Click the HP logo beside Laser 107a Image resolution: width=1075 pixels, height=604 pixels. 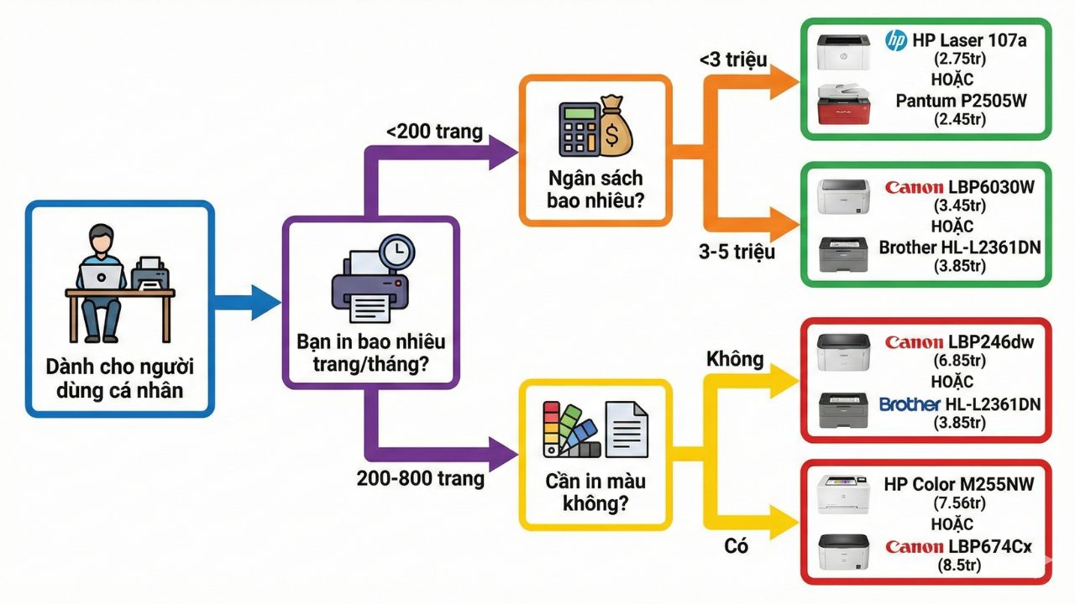pyautogui.click(x=896, y=39)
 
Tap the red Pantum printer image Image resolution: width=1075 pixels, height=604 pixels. pyautogui.click(x=845, y=105)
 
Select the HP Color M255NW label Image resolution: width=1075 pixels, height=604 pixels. pyautogui.click(x=958, y=485)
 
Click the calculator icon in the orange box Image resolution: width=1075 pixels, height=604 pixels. pyautogui.click(x=579, y=131)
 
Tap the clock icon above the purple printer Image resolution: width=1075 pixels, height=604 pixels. pyautogui.click(x=396, y=251)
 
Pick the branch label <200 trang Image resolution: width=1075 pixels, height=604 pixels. pyautogui.click(x=435, y=132)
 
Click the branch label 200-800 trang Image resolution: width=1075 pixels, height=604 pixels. pyautogui.click(x=421, y=479)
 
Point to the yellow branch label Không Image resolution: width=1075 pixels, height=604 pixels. pyautogui.click(x=736, y=360)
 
